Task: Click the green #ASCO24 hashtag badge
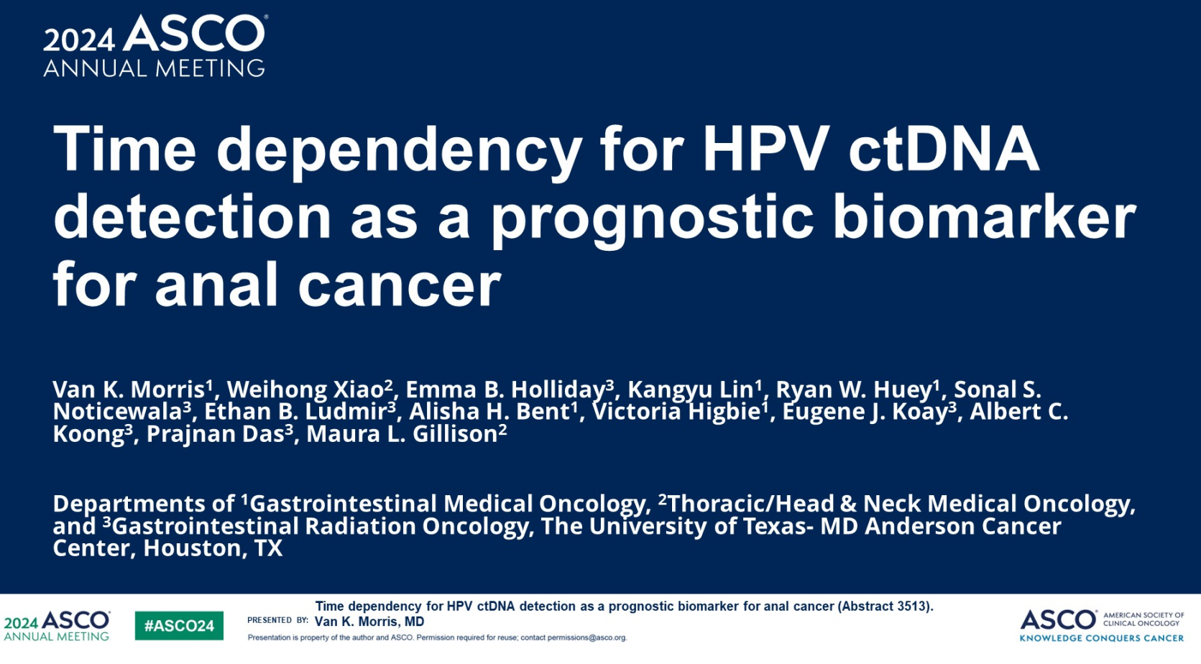coord(179,625)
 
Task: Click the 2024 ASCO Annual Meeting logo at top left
coord(155,46)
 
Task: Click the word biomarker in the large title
coord(984,216)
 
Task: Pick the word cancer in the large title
coord(400,285)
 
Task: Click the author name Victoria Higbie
coord(676,412)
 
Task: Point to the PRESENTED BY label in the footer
coord(277,621)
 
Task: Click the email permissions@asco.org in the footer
coord(586,637)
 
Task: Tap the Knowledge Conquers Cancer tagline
coord(1102,638)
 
